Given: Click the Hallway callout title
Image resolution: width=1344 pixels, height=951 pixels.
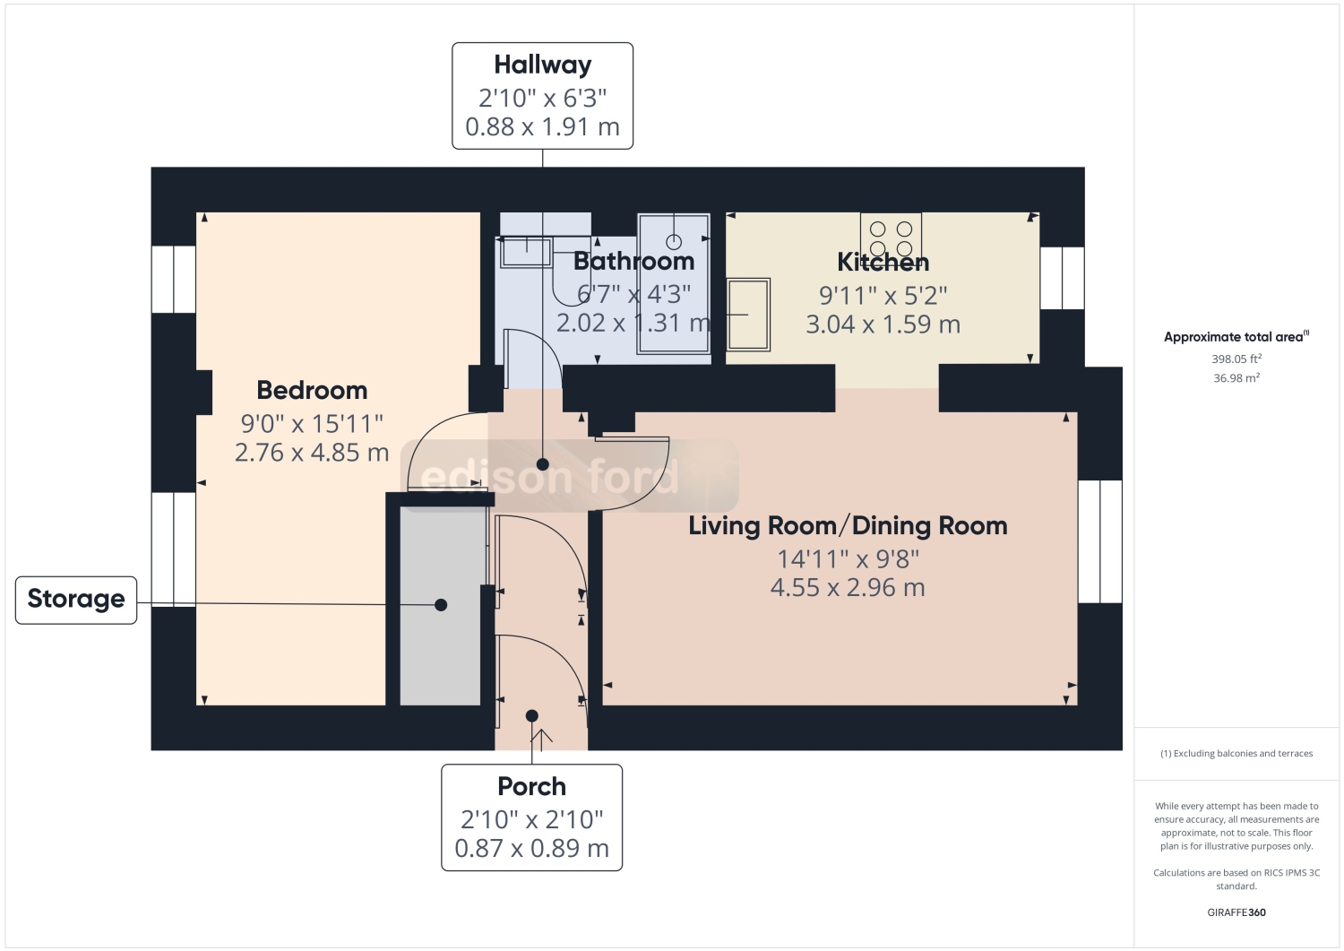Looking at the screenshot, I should (x=542, y=65).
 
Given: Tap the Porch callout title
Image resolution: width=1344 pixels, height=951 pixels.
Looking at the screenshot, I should (x=531, y=786).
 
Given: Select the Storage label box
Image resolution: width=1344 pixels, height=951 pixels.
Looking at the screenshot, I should (x=76, y=600).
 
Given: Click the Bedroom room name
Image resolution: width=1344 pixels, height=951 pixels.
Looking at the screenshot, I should (x=312, y=391).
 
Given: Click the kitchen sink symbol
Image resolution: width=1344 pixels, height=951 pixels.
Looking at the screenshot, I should (x=748, y=315).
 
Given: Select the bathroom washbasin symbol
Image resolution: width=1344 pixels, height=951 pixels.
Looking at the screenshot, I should (x=526, y=252).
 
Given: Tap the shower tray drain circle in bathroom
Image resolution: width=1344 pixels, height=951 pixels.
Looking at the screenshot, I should (x=674, y=242).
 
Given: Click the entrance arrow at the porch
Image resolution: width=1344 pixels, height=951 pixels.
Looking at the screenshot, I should (x=541, y=737).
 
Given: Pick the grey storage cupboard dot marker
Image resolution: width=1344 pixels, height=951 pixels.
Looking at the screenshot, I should (x=441, y=605).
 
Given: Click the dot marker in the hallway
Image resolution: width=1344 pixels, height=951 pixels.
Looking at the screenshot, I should (x=542, y=464).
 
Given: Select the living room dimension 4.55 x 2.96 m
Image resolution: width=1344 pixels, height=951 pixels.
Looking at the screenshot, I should (x=848, y=588).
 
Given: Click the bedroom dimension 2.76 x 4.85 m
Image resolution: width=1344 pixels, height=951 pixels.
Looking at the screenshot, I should (x=312, y=453).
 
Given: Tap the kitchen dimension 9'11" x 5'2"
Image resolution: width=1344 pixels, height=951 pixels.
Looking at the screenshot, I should (x=883, y=295).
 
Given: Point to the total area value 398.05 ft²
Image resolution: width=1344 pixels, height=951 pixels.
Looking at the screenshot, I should (x=1236, y=359).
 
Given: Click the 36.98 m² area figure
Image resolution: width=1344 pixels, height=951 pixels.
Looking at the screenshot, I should (x=1236, y=378).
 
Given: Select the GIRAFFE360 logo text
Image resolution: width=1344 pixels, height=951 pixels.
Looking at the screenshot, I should (x=1236, y=912).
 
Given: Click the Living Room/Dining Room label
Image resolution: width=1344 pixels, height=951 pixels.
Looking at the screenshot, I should (x=848, y=526).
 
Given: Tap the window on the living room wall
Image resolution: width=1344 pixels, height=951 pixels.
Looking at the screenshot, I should (x=1099, y=541).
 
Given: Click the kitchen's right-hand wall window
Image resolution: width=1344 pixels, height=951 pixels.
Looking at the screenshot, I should (x=1062, y=278).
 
